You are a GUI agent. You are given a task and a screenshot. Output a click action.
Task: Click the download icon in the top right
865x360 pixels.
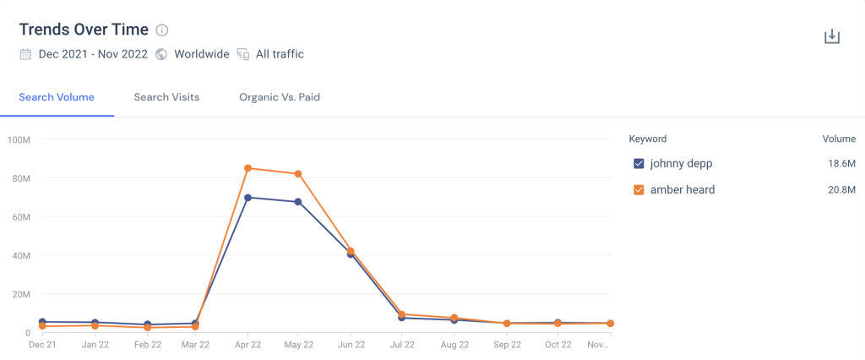[x=832, y=36]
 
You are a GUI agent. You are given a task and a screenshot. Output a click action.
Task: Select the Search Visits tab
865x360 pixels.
[x=166, y=97]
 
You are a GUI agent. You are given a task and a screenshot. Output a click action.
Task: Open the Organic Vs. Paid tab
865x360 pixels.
[x=279, y=97]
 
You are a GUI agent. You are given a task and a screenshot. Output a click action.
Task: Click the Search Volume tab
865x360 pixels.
[x=57, y=97]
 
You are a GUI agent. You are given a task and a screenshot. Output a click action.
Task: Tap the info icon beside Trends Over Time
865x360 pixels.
[x=162, y=30]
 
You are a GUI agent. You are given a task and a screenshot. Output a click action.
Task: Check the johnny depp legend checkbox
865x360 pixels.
[x=639, y=163]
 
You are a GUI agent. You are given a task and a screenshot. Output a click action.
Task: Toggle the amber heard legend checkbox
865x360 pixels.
[x=639, y=190]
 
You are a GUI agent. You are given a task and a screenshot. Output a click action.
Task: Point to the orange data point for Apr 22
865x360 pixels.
[x=248, y=168]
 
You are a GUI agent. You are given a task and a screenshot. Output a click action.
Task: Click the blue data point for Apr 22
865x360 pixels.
[x=248, y=198]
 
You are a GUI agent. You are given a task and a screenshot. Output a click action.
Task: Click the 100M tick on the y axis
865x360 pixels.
[x=19, y=139]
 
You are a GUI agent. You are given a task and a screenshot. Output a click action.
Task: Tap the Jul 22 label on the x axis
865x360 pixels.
[x=402, y=345]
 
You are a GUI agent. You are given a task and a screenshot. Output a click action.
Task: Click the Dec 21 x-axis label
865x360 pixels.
[x=42, y=345]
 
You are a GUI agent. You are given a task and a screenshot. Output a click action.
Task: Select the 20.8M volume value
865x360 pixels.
[x=841, y=190]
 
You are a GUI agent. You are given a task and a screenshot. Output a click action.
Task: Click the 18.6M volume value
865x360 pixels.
[x=841, y=163]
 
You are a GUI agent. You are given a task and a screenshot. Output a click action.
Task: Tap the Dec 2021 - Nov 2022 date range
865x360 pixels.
[x=93, y=54]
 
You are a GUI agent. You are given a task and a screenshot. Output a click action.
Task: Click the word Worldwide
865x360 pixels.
[x=201, y=54]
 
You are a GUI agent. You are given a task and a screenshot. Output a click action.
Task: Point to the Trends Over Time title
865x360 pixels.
[x=84, y=30]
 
